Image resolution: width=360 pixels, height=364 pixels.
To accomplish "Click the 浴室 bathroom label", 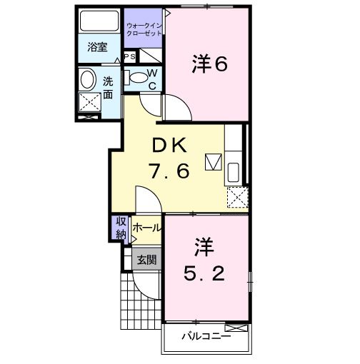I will coord(97,48).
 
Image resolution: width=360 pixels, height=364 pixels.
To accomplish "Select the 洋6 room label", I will coord(209,64).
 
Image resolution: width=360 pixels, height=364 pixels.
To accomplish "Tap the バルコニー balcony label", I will coord(205,336).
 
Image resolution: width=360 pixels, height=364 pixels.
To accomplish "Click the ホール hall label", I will coord(147,228).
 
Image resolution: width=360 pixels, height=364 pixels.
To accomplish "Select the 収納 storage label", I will coord(120,228).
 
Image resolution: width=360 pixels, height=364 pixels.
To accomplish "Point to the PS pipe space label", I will coord(130,56).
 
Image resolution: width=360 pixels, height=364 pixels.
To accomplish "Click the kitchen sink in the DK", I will coord(234,172).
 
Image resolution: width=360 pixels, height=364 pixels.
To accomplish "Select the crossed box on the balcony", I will coord(241,328).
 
